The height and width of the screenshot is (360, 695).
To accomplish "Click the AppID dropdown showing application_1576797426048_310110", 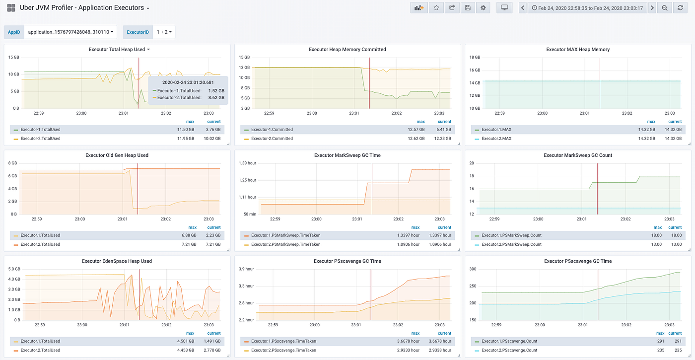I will point(70,32).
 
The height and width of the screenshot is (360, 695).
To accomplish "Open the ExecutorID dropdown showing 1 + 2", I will point(164,32).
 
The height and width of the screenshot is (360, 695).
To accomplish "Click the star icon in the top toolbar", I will point(436,8).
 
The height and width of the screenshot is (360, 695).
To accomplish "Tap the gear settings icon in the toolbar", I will point(483,8).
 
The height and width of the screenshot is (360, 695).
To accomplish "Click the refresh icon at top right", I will point(680,8).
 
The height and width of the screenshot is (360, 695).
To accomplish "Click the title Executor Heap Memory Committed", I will point(347,50).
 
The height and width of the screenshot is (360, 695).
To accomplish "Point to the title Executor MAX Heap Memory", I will point(578,50).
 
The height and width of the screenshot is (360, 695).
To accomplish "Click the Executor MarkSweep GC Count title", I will point(578,155).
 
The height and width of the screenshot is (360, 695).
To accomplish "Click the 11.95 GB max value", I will point(185,139).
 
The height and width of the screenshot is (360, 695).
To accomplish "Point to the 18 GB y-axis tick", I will point(475,58).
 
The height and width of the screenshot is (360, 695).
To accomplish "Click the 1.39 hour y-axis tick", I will point(247,163).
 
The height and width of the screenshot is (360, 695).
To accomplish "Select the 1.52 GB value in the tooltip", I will point(216,91).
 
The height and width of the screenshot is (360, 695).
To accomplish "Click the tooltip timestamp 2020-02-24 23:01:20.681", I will point(188,82).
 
